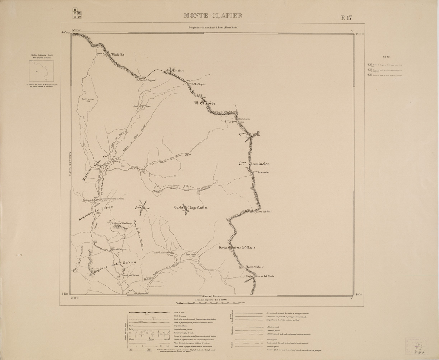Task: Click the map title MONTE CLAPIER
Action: [213, 16]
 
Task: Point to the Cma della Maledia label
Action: [110, 55]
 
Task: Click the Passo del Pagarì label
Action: [145, 80]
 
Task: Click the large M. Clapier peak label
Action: [205, 103]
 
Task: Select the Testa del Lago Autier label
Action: [191, 207]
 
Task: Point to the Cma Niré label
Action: [142, 208]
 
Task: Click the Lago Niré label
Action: [158, 191]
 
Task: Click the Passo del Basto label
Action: [255, 267]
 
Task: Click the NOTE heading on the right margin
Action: [386, 57]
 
